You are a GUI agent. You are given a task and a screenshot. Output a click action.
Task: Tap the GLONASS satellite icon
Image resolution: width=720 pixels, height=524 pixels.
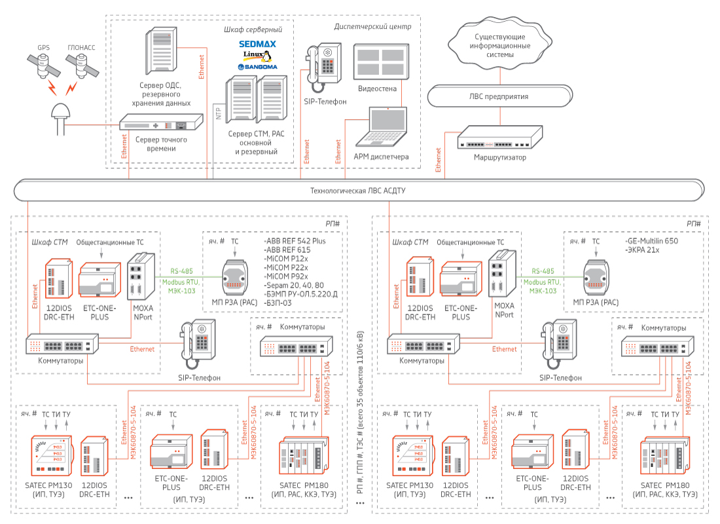[81, 65]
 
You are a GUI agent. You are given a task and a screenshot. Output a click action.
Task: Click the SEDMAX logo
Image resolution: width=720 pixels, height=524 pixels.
[257, 45]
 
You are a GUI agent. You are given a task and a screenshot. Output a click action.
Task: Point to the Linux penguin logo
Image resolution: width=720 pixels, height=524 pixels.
[257, 56]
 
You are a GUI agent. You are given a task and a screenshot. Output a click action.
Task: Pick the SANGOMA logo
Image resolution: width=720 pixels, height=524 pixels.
[257, 67]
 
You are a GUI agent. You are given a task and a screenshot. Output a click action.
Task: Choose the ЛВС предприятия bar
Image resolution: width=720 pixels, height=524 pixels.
[499, 96]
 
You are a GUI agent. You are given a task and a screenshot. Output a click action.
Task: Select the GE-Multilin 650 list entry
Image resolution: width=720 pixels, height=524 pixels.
[652, 241]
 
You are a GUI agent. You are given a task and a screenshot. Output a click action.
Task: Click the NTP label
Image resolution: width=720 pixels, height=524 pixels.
[219, 113]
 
